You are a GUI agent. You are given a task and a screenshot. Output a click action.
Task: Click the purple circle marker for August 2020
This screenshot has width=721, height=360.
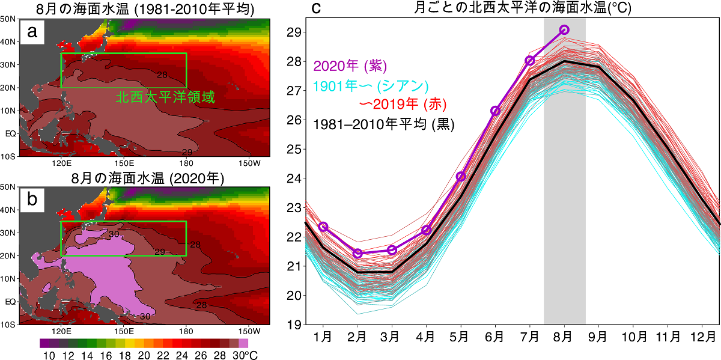click(564, 29)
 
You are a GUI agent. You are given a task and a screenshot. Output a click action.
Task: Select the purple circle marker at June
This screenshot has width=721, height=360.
click(495, 111)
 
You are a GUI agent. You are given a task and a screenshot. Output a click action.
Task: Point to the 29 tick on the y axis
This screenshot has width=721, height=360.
click(294, 32)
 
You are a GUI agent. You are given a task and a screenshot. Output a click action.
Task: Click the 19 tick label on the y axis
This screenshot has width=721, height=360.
click(294, 325)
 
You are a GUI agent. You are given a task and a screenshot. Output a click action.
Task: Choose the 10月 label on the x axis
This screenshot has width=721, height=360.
click(633, 338)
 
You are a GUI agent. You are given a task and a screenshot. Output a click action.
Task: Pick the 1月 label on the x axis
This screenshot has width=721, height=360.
click(323, 338)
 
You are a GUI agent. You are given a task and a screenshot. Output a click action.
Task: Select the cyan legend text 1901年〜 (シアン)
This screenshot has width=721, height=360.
click(371, 85)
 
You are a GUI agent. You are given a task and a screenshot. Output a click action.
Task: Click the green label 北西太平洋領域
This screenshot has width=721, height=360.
click(165, 97)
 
